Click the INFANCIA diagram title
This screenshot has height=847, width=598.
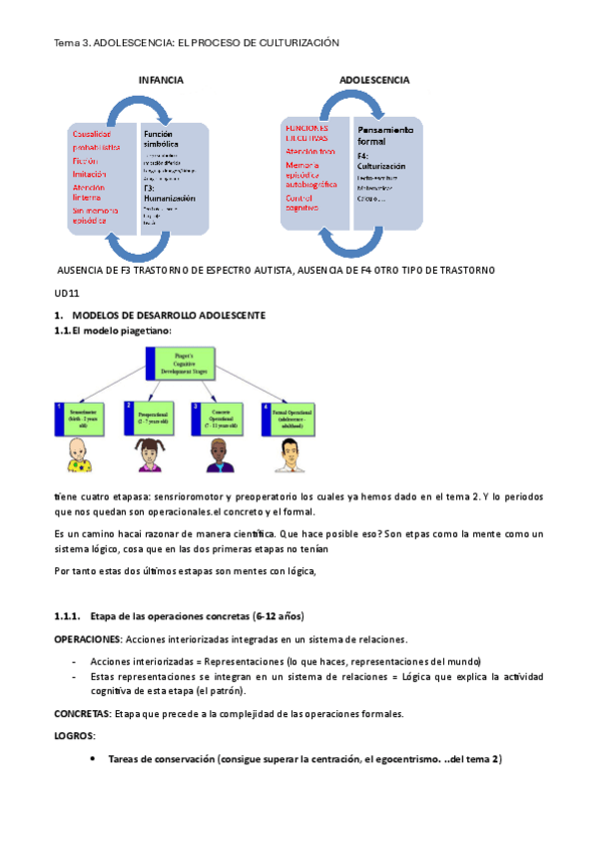[161, 79]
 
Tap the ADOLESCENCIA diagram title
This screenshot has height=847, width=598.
[374, 79]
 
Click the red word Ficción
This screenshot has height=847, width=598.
[86, 160]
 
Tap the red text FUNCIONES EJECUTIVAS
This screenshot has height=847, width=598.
[306, 135]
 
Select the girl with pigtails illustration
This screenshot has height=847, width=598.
[147, 455]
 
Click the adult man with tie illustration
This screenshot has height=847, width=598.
[291, 455]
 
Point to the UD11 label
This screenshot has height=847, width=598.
[66, 295]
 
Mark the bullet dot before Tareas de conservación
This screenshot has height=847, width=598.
[93, 759]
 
